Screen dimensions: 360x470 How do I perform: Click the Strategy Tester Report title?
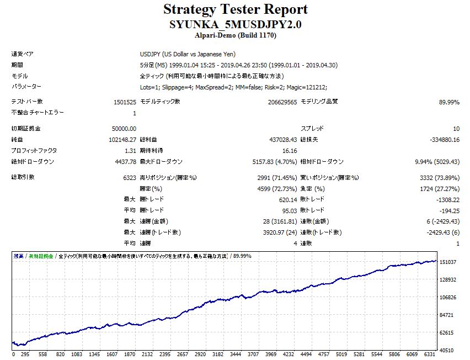point(235,9)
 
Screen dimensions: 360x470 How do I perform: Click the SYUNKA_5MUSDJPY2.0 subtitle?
point(235,25)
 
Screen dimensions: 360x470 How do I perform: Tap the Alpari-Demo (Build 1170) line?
point(235,35)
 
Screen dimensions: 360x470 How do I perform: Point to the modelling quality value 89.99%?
point(449,102)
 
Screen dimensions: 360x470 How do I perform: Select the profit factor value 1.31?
point(130,151)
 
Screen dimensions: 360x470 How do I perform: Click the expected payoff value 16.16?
point(289,151)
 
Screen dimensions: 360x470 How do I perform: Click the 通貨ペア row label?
point(22,54)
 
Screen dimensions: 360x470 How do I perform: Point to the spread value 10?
point(456,129)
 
